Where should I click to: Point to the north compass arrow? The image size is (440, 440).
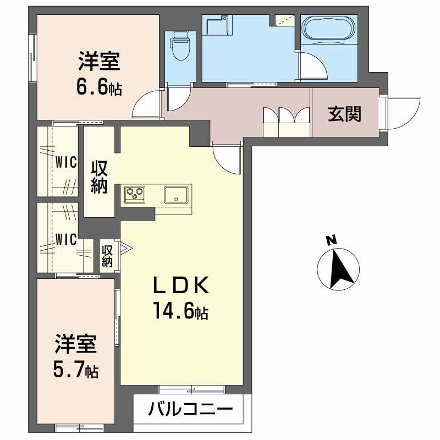click(x=339, y=269)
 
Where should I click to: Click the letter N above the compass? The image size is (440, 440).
click(x=331, y=240)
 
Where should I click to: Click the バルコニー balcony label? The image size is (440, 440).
click(x=189, y=410)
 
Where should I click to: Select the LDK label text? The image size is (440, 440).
click(x=180, y=286)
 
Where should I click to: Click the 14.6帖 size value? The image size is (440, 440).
click(x=180, y=312)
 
